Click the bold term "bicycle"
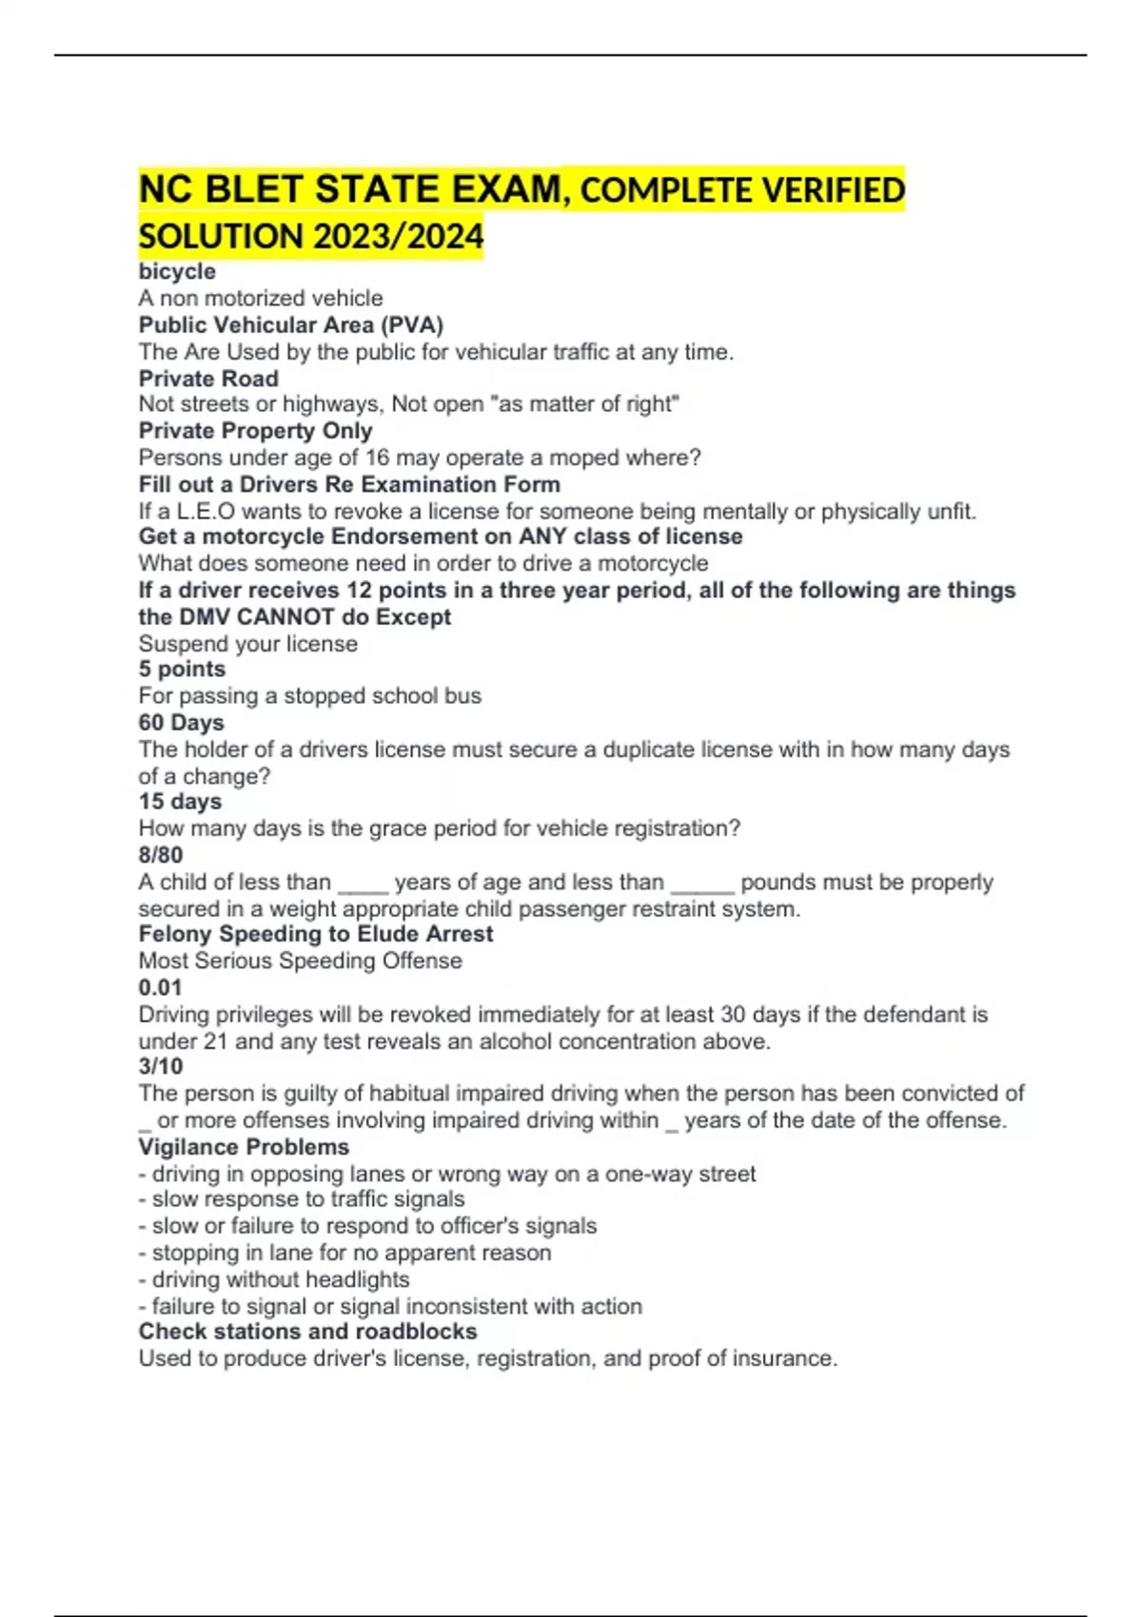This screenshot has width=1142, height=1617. click(177, 272)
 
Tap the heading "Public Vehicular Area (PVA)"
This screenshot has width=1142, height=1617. click(290, 325)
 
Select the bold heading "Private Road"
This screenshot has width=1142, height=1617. click(208, 379)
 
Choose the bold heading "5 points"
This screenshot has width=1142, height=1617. click(182, 670)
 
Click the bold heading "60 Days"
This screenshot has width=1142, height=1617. click(181, 723)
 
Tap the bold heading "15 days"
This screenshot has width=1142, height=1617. click(180, 802)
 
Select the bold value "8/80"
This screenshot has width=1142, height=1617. click(161, 855)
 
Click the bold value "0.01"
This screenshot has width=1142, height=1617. click(160, 987)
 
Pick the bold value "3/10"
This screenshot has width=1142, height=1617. click(161, 1067)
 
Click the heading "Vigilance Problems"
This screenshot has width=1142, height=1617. click(244, 1147)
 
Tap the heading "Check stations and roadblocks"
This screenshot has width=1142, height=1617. click(307, 1332)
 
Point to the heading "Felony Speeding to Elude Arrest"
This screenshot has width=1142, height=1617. click(316, 934)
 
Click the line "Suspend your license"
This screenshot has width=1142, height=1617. click(248, 644)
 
